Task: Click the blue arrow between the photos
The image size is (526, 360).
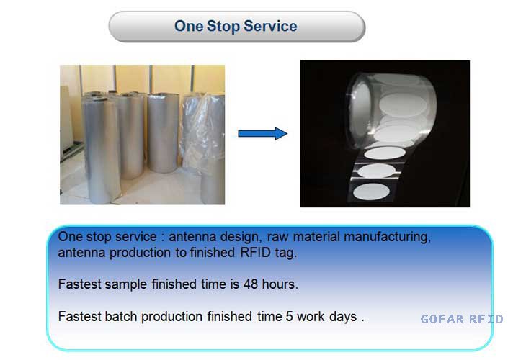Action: coord(263,133)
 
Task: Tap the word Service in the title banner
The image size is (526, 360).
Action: coord(270,26)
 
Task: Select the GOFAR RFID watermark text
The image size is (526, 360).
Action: coord(462,319)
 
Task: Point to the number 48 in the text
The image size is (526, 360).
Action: coord(251,284)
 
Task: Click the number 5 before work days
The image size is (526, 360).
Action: coord(289,316)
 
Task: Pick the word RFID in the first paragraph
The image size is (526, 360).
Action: coord(255,253)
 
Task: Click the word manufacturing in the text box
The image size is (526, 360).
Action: coord(388,237)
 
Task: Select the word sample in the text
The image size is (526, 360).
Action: coord(126,284)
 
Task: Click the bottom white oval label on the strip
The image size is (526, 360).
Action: coord(371,192)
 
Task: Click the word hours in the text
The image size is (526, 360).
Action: coord(280,284)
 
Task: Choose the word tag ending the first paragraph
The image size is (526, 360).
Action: coord(285,253)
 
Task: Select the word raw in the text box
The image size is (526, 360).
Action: coord(277,238)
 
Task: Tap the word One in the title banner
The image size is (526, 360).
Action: coord(189,26)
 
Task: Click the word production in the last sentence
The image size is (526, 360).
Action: coord(171,317)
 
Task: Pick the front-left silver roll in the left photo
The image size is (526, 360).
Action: coord(101,149)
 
